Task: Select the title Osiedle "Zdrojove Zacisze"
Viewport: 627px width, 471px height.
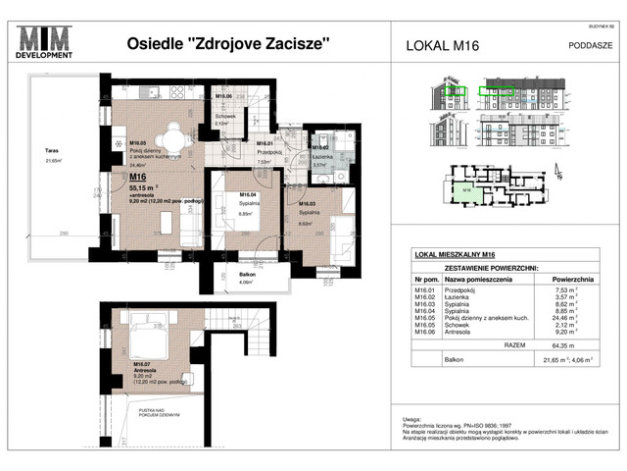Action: pyautogui.click(x=228, y=43)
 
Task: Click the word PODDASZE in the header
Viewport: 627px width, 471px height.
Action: pyautogui.click(x=591, y=44)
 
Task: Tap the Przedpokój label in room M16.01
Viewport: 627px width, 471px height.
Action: pyautogui.click(x=269, y=154)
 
